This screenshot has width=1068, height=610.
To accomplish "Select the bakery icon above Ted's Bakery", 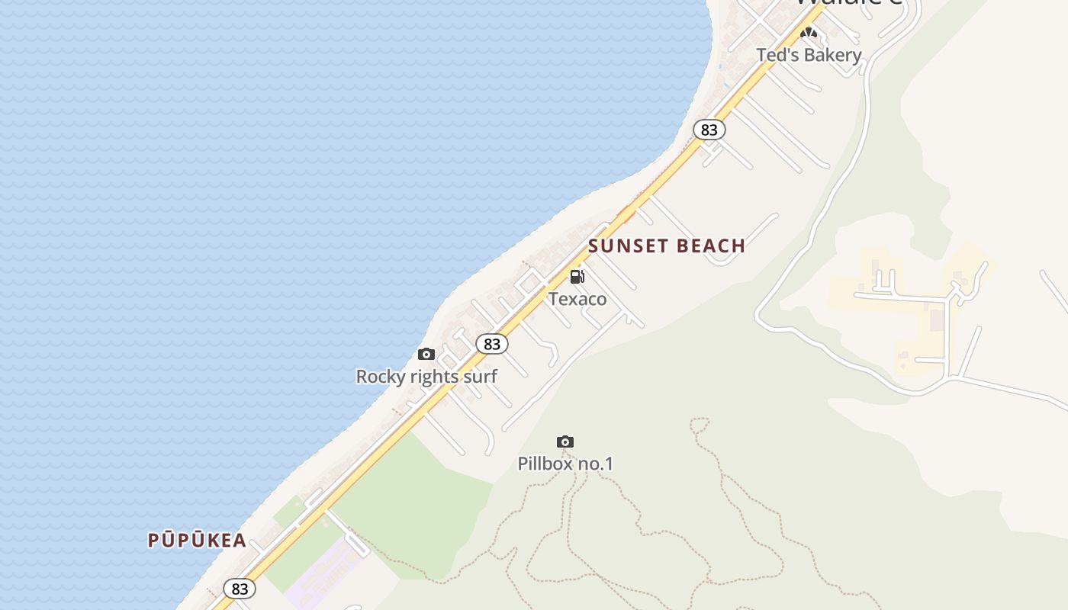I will click(x=809, y=33).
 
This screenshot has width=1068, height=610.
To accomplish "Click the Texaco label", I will click(x=577, y=299).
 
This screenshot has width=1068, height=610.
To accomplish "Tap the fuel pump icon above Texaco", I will click(x=577, y=276).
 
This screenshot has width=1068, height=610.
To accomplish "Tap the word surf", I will click(x=482, y=377).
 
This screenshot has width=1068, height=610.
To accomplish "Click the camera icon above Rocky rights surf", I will click(x=426, y=354).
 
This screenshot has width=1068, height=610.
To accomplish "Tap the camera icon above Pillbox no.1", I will click(x=565, y=441).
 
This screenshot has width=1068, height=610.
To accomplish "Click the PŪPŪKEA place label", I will click(x=197, y=541).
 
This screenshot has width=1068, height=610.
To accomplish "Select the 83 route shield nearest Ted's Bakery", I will click(x=709, y=130).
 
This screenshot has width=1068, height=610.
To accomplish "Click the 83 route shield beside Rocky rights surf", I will click(x=492, y=344).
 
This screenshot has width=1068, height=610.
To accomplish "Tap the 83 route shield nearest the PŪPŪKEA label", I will click(x=240, y=589).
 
